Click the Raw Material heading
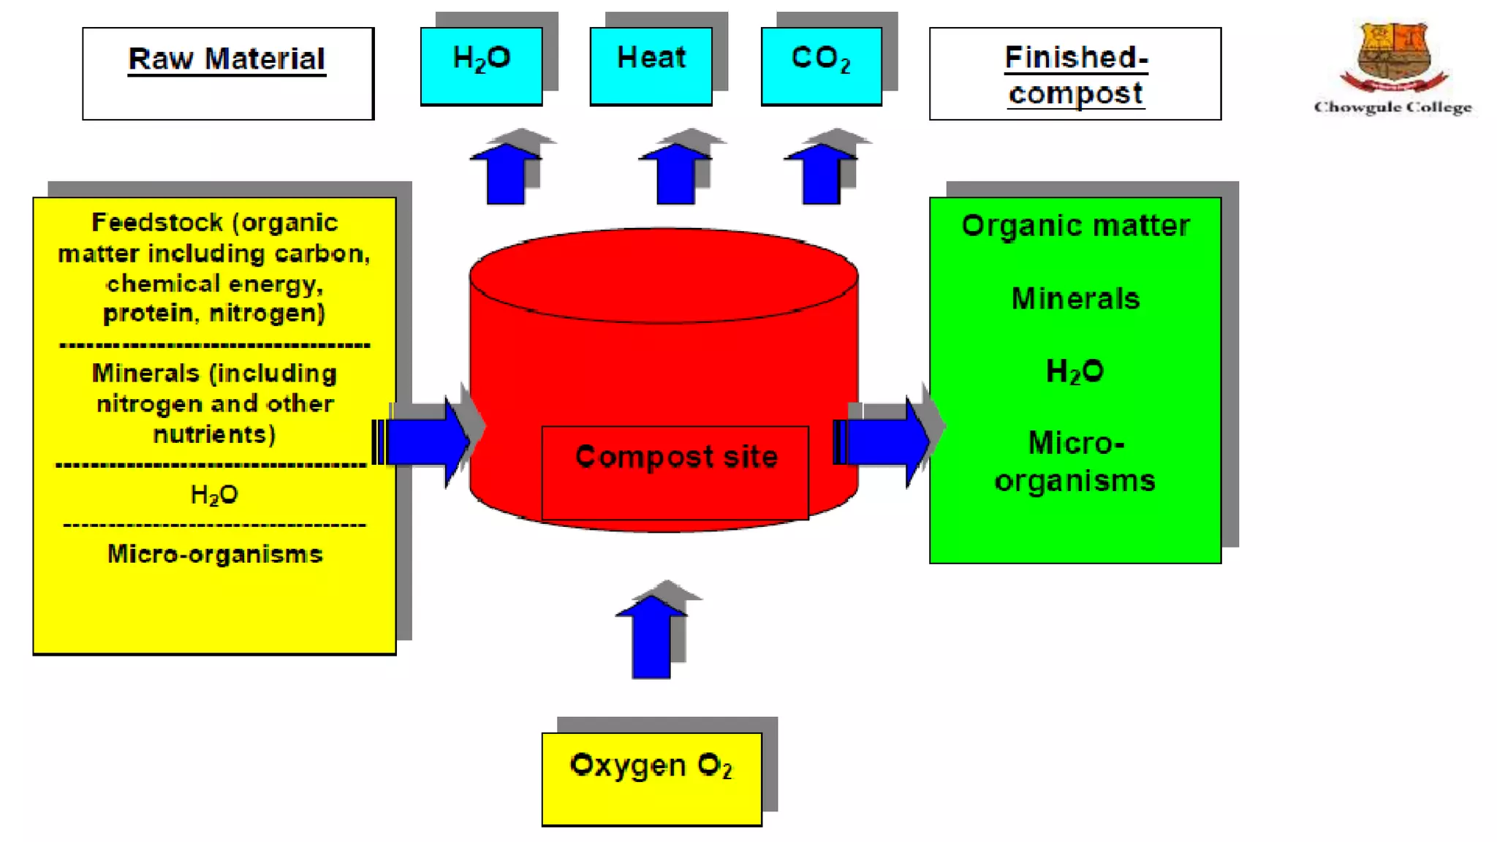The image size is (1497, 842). coord(227,59)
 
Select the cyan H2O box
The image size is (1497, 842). coord(481,66)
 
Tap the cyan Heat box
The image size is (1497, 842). coord(651,66)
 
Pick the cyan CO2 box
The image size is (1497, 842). coord(821,66)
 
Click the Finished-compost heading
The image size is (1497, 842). coord(1075,75)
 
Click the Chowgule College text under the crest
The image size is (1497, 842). coord(1392,107)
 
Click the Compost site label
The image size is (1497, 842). coord(676,458)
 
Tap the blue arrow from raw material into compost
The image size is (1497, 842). coord(428,441)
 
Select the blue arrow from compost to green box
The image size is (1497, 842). coord(884,441)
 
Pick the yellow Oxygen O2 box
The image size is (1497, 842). coord(651,779)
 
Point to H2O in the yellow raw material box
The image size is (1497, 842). coord(214,495)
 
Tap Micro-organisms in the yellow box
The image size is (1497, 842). coord(215,554)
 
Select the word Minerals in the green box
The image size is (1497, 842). coord(1075,299)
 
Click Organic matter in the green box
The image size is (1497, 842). coord(1075,226)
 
